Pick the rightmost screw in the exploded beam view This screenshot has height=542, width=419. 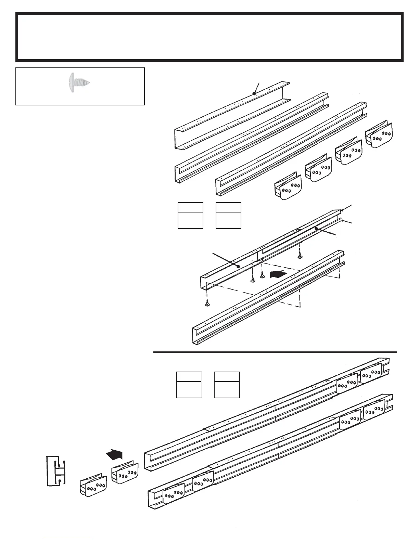(x=300, y=255)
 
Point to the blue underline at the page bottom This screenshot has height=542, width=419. (x=68, y=539)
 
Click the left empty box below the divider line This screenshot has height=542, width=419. (x=189, y=385)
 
